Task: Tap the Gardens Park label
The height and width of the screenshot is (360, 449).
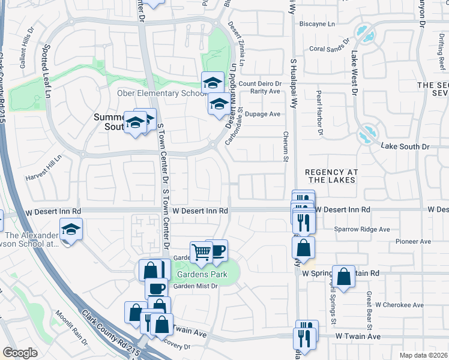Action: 200,275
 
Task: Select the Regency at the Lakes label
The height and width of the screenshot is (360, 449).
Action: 331,176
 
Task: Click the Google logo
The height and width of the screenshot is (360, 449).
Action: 20,352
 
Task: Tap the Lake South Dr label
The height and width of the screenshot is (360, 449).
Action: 406,146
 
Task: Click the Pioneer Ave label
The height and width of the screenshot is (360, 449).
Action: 414,241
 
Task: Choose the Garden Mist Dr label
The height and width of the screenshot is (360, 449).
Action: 195,286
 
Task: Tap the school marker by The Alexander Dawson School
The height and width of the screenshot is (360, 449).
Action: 71,230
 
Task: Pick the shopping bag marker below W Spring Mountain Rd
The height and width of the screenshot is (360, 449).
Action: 343,277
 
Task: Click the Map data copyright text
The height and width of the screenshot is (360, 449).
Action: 424,355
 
